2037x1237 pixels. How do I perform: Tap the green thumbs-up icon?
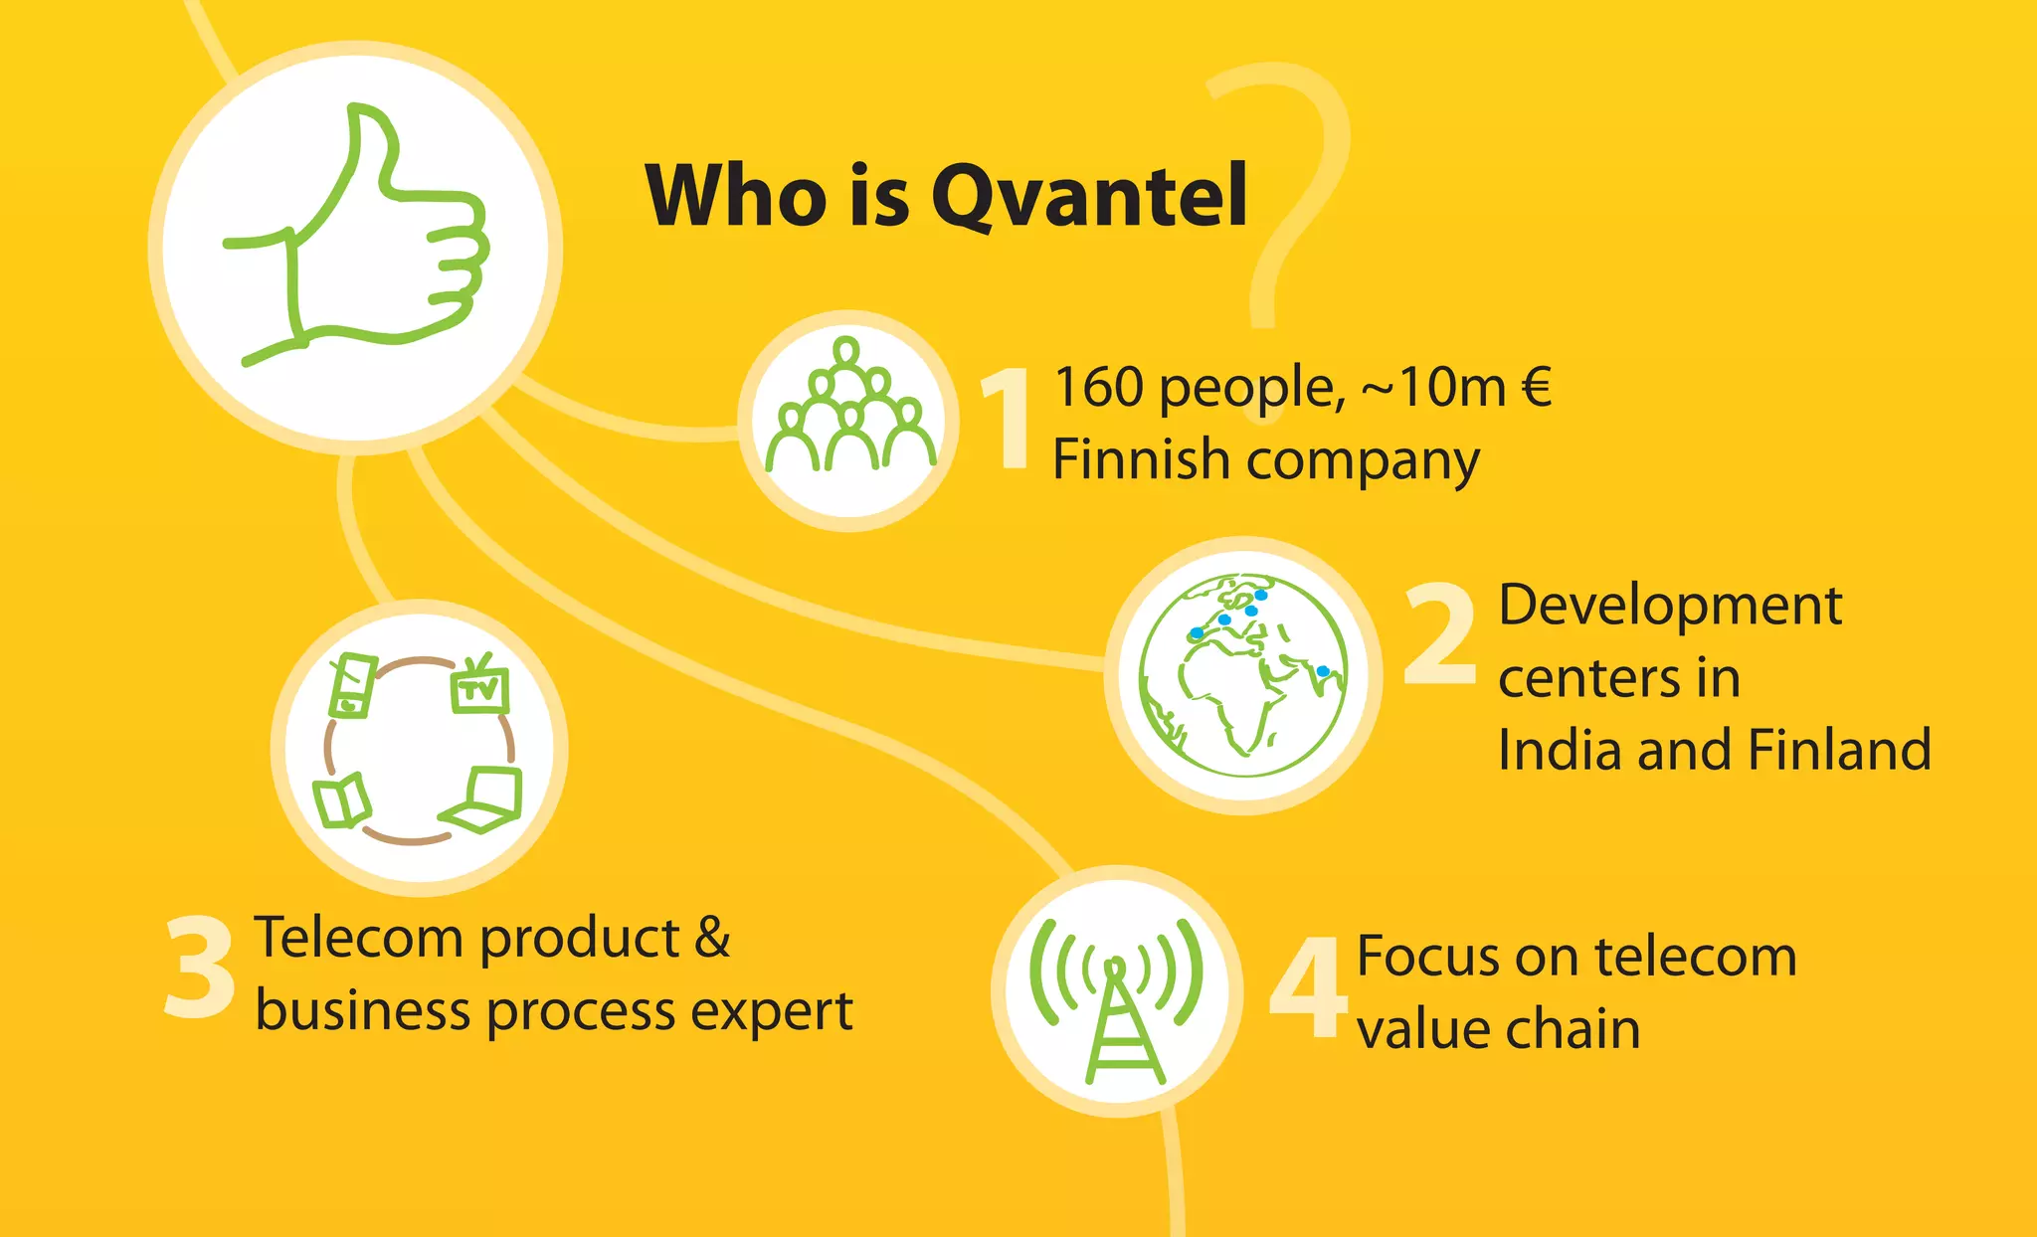pyautogui.click(x=358, y=239)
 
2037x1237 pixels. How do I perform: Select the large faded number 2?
pyautogui.click(x=1439, y=636)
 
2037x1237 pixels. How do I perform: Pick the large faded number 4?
pyautogui.click(x=1308, y=989)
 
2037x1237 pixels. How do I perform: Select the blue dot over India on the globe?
pyautogui.click(x=1323, y=672)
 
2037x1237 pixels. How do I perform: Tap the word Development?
pyautogui.click(x=1669, y=605)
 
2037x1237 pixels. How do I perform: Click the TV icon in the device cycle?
pyautogui.click(x=481, y=686)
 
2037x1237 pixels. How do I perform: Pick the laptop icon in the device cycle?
pyautogui.click(x=487, y=800)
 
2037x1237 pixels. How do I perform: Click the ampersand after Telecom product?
pyautogui.click(x=712, y=938)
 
